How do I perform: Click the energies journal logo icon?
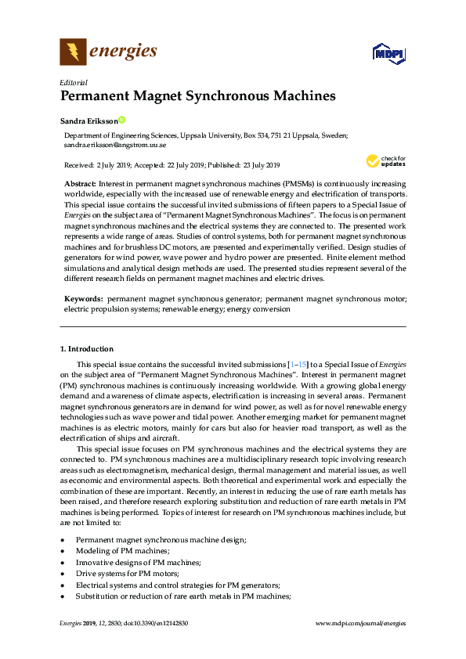pos(72,52)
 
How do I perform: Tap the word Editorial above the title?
pos(74,82)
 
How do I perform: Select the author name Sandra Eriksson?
pos(89,121)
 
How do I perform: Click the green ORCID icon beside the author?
pos(122,121)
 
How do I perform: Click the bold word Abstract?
pos(80,182)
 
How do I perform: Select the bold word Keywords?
pos(83,298)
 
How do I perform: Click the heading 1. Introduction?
pos(86,348)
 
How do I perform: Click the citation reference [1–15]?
pos(298,366)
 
